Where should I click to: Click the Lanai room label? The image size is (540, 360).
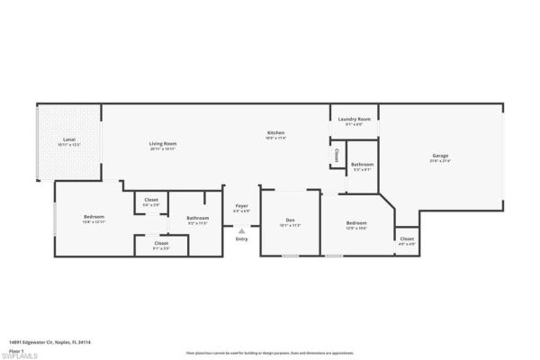click(x=69, y=139)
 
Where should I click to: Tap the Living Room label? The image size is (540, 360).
click(x=163, y=143)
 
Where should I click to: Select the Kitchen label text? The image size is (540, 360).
click(x=275, y=133)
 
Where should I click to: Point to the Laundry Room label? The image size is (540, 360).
click(x=355, y=119)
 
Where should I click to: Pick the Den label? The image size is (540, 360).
click(x=290, y=220)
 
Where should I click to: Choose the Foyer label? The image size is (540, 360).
click(x=241, y=206)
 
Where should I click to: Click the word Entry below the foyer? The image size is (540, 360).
click(x=241, y=238)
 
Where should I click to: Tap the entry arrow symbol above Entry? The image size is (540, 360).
click(x=241, y=230)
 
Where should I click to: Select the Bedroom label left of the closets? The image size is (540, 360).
click(x=94, y=217)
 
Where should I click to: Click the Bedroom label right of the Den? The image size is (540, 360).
click(x=357, y=222)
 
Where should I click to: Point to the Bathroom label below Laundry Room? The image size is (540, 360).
click(x=362, y=165)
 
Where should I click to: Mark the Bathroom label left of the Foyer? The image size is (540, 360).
click(x=198, y=218)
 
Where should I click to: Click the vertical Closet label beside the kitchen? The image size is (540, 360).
click(x=336, y=156)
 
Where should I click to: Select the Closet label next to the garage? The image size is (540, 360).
click(x=406, y=239)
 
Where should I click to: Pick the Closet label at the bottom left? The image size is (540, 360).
click(x=161, y=243)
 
